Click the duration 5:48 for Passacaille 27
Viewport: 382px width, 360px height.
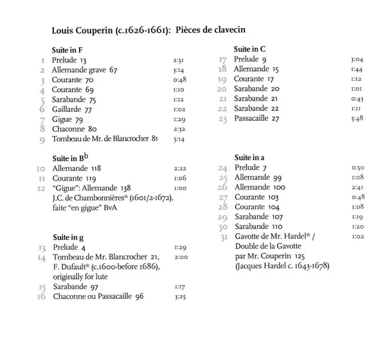(x=357, y=118)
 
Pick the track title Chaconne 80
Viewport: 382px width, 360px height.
(x=74, y=128)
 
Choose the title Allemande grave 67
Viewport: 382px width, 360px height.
(x=85, y=69)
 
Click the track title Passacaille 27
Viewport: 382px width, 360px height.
(x=257, y=118)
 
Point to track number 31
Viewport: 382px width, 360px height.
(x=222, y=237)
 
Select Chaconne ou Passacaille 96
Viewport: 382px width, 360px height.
(x=99, y=296)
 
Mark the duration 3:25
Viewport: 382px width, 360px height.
(x=178, y=296)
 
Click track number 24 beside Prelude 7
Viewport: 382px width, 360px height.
(x=223, y=168)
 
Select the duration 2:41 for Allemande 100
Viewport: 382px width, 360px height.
(x=357, y=188)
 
